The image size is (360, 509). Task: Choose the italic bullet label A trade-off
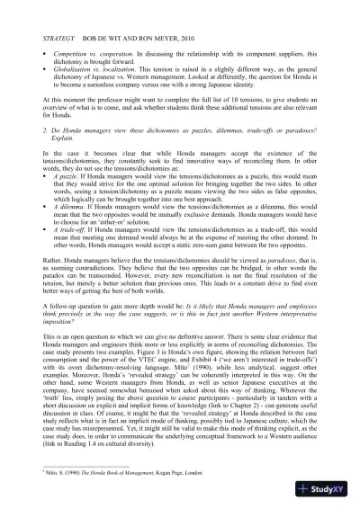point(71,234)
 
